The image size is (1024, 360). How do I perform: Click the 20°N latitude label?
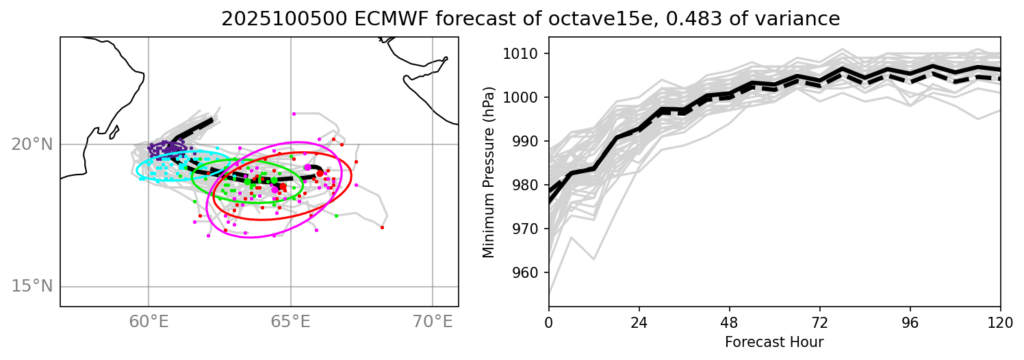coord(31,144)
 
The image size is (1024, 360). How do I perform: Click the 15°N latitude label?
coord(31,286)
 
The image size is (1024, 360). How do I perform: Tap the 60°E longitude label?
coord(149,321)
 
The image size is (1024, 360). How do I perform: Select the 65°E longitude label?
coord(291,321)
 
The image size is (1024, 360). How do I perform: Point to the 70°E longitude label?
coord(433,321)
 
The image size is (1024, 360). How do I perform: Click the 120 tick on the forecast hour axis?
coord(1000,322)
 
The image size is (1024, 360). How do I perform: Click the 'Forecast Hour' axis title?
coord(774,342)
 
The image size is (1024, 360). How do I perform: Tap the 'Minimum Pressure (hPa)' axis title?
coord(488,172)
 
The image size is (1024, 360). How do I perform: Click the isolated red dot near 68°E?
coord(382,227)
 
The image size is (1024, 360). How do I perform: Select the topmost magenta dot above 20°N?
coord(294,114)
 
